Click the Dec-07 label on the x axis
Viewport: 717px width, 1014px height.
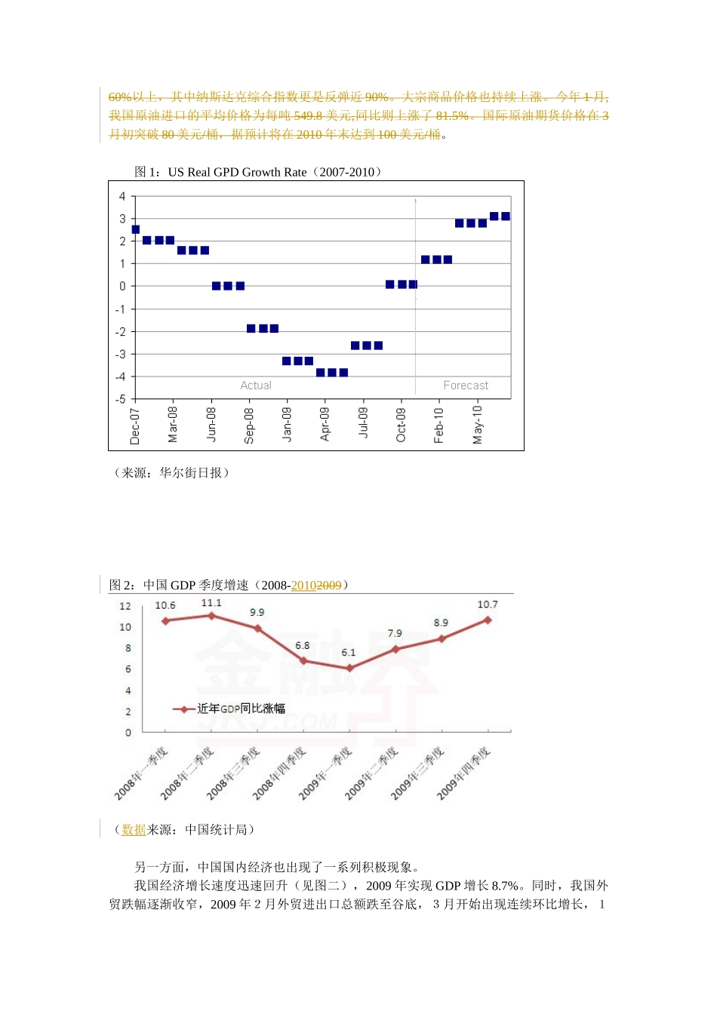(x=135, y=426)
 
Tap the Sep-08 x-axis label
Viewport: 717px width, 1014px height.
(x=249, y=426)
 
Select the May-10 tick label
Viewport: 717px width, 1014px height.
(x=477, y=424)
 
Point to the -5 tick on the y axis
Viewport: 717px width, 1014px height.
(x=120, y=399)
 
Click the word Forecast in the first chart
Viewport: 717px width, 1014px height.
(x=466, y=386)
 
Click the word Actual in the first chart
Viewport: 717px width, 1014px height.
(x=256, y=386)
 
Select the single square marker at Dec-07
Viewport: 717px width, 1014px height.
(x=136, y=229)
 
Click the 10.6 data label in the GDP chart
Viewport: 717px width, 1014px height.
(x=165, y=605)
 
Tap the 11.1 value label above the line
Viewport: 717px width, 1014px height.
(x=211, y=603)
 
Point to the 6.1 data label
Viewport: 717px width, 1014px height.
(x=348, y=653)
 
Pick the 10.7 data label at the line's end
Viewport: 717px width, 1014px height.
(x=488, y=604)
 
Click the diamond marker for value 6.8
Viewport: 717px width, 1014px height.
(x=303, y=661)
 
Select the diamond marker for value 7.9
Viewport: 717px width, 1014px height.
(x=395, y=649)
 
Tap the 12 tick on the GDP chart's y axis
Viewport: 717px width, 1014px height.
(x=125, y=606)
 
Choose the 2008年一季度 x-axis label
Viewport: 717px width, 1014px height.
(x=141, y=773)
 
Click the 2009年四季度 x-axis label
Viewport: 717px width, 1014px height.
(x=463, y=773)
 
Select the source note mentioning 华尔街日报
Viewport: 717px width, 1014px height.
(x=171, y=472)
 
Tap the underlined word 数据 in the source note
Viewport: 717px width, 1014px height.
(x=134, y=829)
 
